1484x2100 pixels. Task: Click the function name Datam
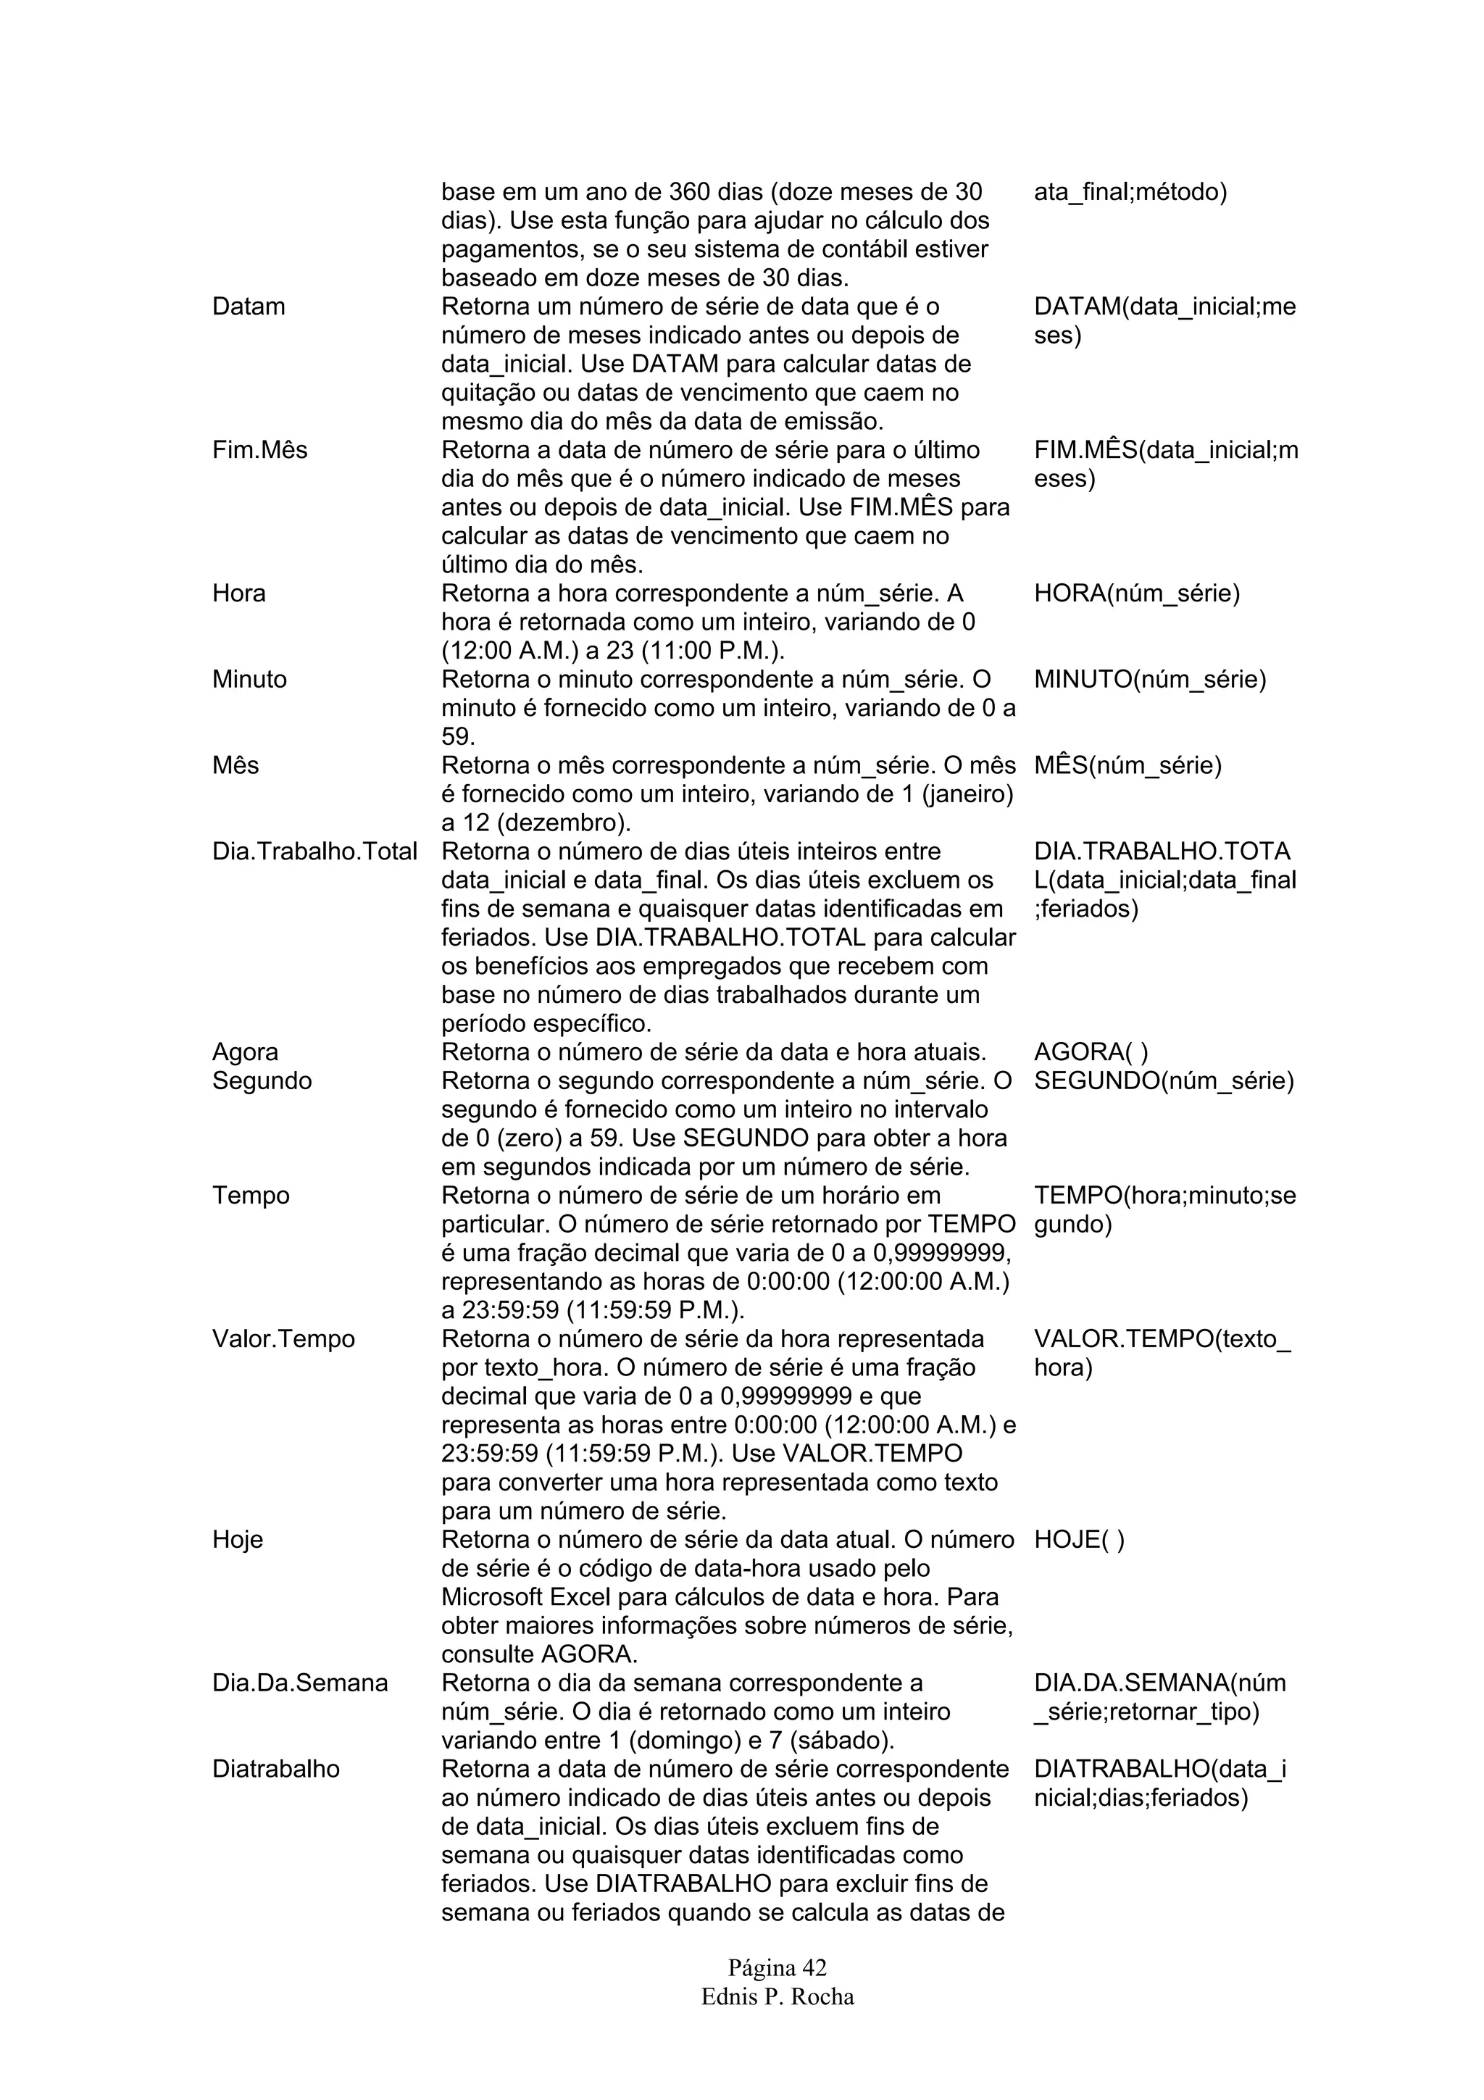(248, 307)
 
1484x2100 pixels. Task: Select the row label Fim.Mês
(259, 450)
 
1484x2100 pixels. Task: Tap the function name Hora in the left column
(238, 593)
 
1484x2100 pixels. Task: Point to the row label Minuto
(249, 680)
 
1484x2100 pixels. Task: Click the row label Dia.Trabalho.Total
(314, 851)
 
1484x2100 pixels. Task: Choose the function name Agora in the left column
(245, 1052)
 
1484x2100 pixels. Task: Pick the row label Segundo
(262, 1081)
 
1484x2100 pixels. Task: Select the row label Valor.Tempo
(283, 1339)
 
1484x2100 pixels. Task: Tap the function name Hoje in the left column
(238, 1539)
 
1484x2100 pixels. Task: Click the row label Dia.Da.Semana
(300, 1683)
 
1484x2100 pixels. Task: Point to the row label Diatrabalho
(275, 1769)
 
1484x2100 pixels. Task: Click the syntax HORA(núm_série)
(1136, 593)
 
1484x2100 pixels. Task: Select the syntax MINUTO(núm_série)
(1149, 680)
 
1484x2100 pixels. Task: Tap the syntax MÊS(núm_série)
(1127, 765)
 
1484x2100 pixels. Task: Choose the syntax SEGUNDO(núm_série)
(1163, 1081)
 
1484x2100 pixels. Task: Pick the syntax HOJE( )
(1079, 1539)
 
